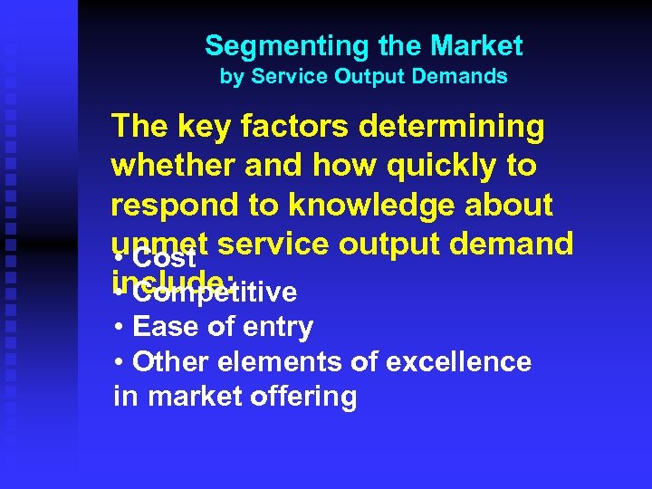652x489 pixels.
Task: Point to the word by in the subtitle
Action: tap(231, 77)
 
